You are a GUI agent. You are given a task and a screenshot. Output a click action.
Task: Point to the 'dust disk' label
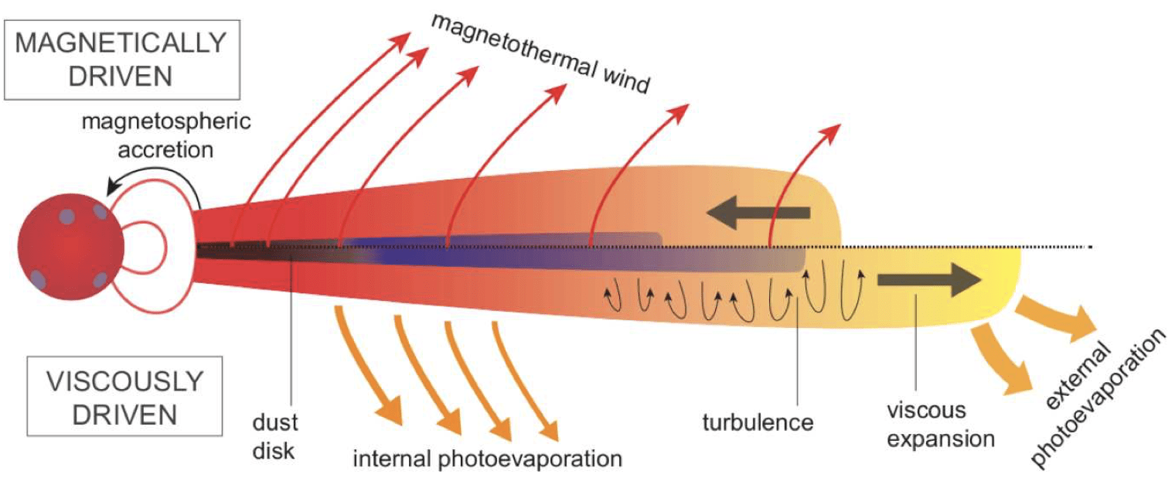click(x=274, y=437)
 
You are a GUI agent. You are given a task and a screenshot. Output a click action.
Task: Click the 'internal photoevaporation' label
click(x=488, y=458)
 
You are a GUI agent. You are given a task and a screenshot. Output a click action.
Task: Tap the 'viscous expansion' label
click(x=940, y=425)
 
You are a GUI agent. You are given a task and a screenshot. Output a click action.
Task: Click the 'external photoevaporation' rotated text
click(x=1098, y=398)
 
